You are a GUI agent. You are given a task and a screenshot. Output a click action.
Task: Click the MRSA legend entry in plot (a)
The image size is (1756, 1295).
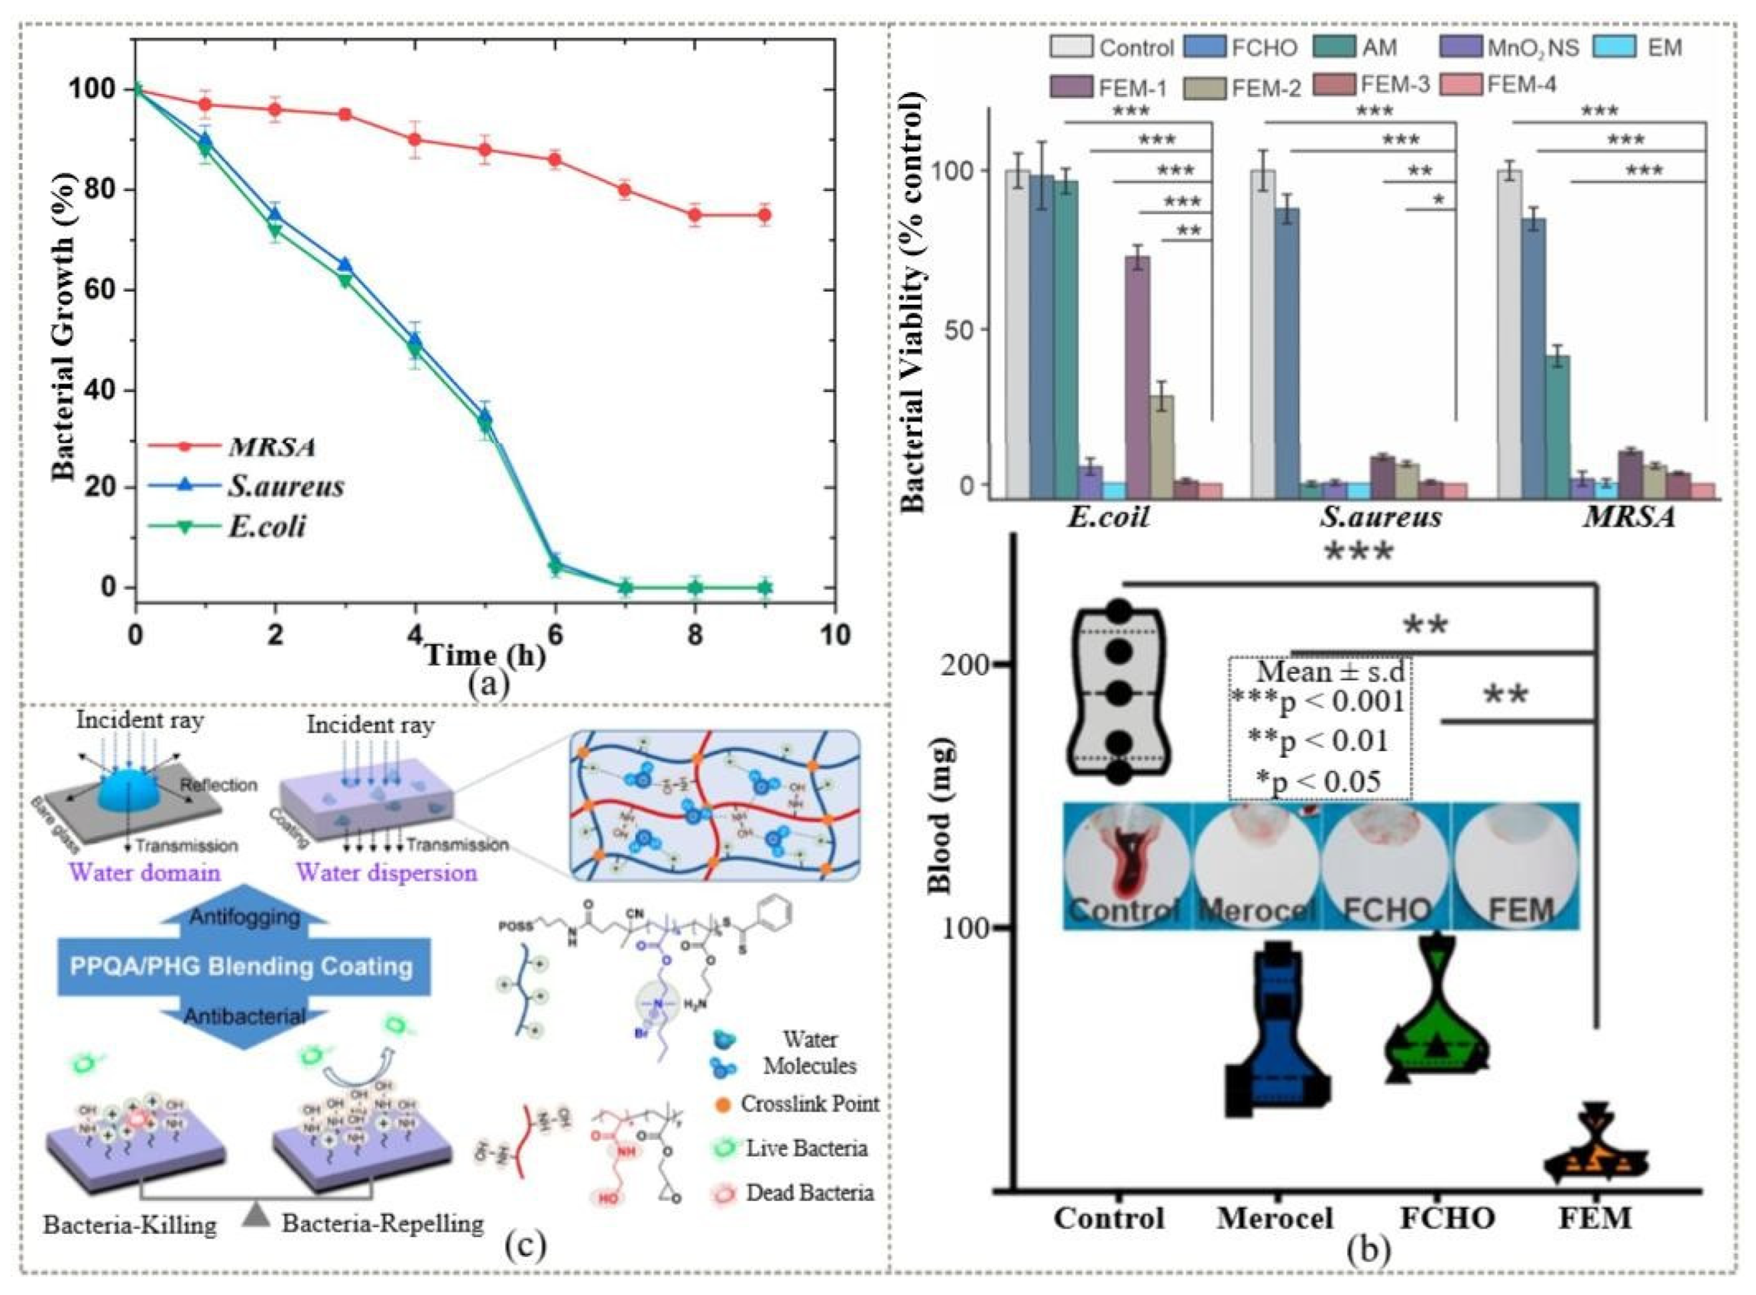pos(271,447)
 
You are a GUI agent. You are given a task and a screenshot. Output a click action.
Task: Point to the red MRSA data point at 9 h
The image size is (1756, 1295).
pos(764,215)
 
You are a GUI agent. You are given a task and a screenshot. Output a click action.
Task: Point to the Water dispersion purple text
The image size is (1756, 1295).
pos(386,872)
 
